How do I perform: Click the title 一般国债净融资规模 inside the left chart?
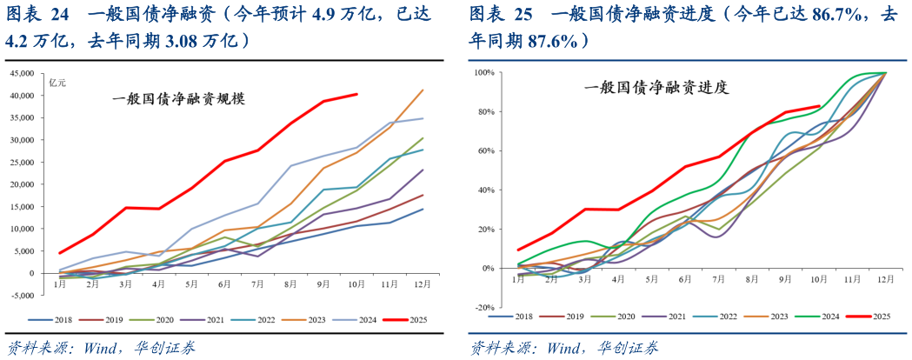point(178,99)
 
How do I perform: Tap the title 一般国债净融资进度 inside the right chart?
point(656,87)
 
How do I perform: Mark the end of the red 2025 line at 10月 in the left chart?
point(356,94)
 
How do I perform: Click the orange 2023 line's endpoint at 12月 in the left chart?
point(423,90)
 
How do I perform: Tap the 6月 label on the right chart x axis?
point(685,278)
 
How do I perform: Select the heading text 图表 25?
point(499,15)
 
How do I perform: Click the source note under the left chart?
point(101,347)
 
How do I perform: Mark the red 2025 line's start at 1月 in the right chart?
point(519,250)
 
